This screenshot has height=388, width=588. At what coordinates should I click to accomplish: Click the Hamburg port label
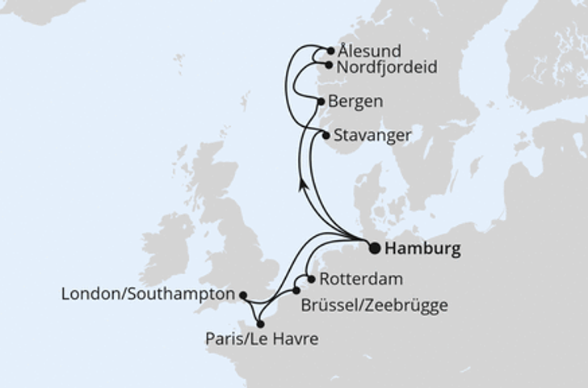(423, 249)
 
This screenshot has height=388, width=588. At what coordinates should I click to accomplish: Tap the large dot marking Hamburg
(375, 248)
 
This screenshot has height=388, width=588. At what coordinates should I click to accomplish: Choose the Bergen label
(355, 102)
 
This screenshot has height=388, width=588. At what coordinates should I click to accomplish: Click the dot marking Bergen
(321, 102)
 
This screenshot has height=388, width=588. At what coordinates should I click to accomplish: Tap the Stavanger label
(372, 136)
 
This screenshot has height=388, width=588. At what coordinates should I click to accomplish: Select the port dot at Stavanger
(326, 136)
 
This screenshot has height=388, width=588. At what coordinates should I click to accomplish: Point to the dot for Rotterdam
(311, 279)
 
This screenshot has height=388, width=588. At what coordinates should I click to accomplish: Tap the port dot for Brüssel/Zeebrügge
(296, 290)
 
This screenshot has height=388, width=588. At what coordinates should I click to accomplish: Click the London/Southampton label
(148, 295)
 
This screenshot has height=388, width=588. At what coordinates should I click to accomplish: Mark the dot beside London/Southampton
(243, 296)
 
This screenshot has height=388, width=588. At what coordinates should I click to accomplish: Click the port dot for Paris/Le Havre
(260, 323)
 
